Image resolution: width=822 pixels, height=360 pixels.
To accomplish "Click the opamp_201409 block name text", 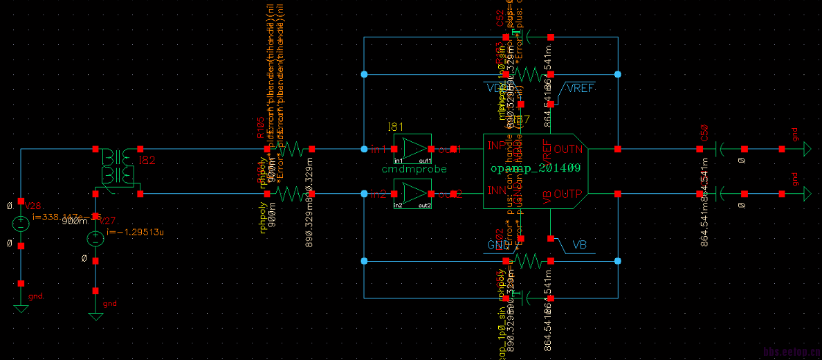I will pyautogui.click(x=535, y=168).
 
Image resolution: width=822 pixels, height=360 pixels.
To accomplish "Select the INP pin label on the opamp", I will pyautogui.click(x=496, y=146).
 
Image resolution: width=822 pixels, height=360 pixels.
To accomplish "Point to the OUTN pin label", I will pyautogui.click(x=568, y=148).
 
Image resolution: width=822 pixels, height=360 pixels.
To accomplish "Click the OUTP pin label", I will pyautogui.click(x=568, y=193).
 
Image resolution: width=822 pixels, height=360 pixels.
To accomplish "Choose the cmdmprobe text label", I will pyautogui.click(x=414, y=169).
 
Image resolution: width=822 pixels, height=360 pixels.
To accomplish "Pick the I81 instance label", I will pyautogui.click(x=395, y=127).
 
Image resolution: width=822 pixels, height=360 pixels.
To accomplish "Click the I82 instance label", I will pyautogui.click(x=147, y=161).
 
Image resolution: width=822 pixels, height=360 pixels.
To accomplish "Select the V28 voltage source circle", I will pyautogui.click(x=21, y=223).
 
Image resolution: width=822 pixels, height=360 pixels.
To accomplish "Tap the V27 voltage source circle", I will pyautogui.click(x=95, y=238).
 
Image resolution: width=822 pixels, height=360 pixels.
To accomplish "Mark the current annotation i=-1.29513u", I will pyautogui.click(x=136, y=232).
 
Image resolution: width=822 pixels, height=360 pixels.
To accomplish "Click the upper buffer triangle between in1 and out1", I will pyautogui.click(x=413, y=147).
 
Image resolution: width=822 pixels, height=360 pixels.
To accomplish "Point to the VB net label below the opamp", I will pyautogui.click(x=580, y=246).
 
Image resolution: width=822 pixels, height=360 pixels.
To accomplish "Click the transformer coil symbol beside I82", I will pyautogui.click(x=116, y=166).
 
